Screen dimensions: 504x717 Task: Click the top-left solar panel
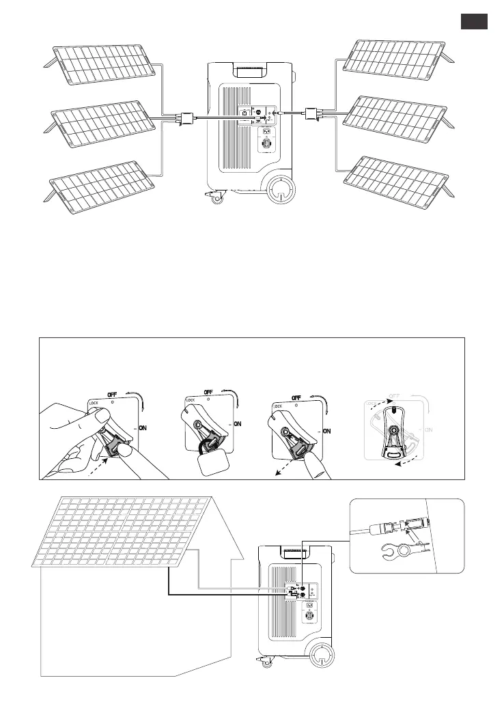coord(102,64)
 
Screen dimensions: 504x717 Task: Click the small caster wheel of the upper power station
coord(217,199)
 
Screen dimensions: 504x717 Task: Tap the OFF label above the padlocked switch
coord(209,393)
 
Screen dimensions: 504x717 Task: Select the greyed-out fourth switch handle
coord(392,432)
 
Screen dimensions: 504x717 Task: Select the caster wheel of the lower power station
coord(262,661)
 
